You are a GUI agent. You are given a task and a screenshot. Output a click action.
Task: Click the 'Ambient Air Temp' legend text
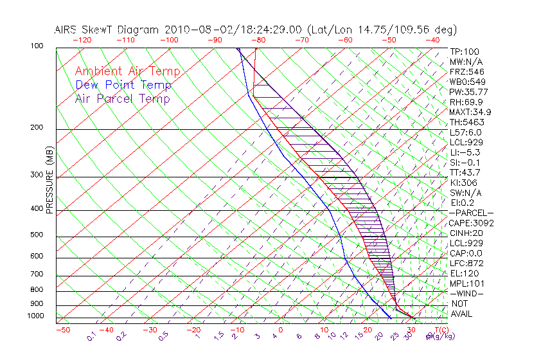tap(127, 71)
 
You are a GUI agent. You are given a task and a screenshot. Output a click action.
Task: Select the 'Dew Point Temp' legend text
tap(123, 85)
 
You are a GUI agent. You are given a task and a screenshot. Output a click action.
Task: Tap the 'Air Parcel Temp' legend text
tap(122, 98)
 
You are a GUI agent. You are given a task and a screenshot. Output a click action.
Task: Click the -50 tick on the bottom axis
tap(62, 330)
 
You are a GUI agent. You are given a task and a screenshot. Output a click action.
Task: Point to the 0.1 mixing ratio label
tap(92, 336)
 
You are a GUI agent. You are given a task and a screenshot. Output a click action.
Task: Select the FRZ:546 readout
tap(467, 71)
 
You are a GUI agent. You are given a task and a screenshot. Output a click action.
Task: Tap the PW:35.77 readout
tap(469, 92)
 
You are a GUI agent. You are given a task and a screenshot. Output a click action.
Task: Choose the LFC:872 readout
tap(466, 264)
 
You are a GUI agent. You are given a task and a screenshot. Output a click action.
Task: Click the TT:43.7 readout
tap(466, 172)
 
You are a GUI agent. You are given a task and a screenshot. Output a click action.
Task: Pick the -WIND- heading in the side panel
tap(467, 293)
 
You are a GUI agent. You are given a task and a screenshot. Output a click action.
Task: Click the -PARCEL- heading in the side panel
tap(472, 213)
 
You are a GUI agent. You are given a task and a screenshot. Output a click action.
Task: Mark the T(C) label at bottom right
tap(438, 330)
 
